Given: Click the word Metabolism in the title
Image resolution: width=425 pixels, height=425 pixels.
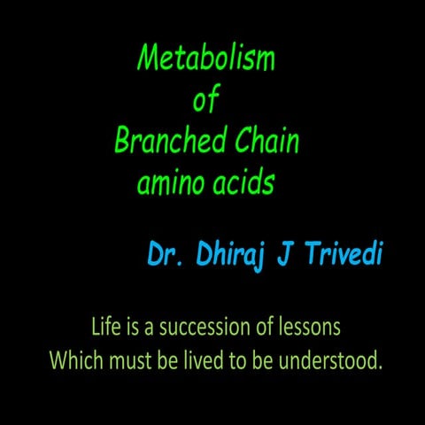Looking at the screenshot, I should point(206,59).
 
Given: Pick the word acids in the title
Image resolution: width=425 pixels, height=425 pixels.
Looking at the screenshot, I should point(243,183).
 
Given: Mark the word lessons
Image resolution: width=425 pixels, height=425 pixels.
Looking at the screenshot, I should point(309,327).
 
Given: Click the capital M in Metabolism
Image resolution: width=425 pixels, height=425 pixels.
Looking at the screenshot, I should point(148,59).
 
